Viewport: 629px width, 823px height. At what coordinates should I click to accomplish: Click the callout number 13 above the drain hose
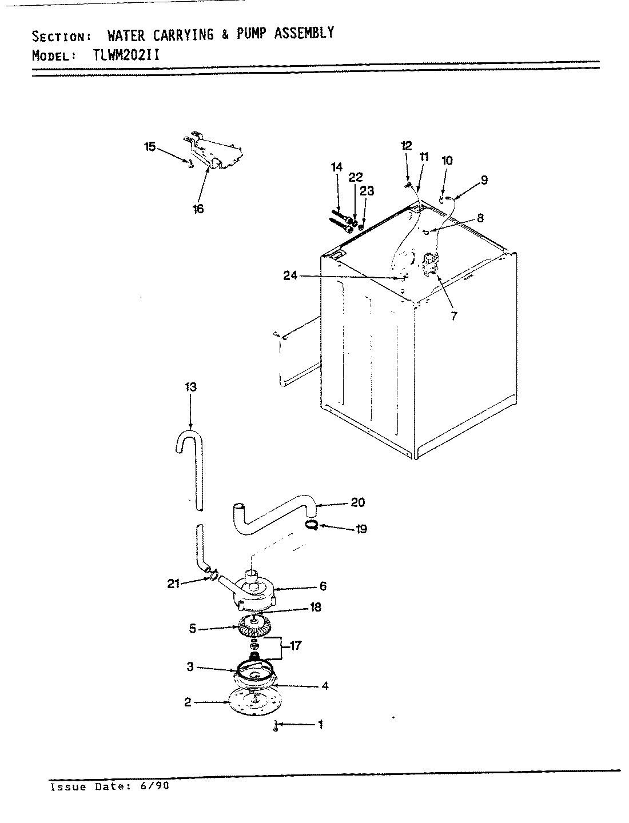pos(190,387)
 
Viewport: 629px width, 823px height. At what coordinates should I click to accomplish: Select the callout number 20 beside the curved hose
pos(358,502)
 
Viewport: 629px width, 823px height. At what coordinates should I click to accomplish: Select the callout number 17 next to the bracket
pos(296,646)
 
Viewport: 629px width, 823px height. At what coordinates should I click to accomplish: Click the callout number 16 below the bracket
pos(198,209)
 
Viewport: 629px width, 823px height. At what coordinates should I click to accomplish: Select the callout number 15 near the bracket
pos(149,147)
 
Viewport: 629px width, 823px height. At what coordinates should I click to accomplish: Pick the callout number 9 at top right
pos(484,180)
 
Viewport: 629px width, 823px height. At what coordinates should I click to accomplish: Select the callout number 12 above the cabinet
pos(406,146)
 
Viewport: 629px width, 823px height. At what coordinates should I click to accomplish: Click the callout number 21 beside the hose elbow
pos(174,583)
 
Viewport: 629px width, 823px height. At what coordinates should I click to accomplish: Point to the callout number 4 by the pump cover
pos(324,686)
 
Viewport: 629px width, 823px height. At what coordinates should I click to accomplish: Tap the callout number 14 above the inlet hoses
pos(336,167)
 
